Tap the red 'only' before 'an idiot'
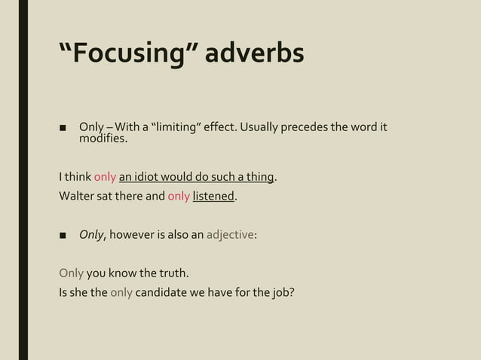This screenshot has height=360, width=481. coord(105,178)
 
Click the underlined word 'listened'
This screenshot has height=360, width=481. coord(214,197)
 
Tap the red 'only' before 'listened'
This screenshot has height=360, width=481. coord(179,197)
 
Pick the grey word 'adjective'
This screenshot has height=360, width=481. coord(231,234)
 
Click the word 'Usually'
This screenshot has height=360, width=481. coord(257,126)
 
